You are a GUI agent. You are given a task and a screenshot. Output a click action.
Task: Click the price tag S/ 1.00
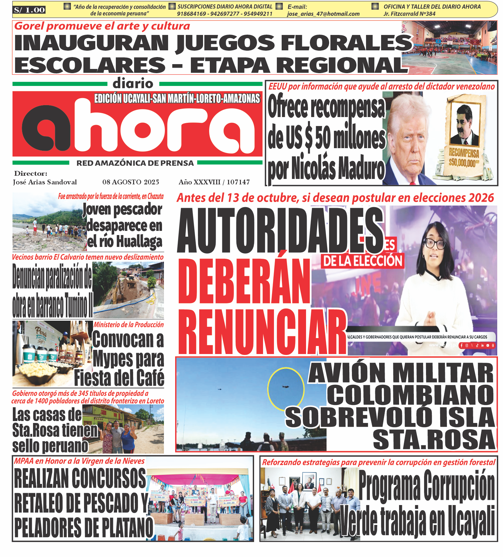coord(29,10)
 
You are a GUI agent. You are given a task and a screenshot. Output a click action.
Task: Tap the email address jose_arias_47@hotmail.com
coord(323,14)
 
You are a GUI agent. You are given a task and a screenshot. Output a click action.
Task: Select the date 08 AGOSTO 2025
coord(131,182)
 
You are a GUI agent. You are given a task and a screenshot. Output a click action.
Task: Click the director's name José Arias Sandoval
coord(45,182)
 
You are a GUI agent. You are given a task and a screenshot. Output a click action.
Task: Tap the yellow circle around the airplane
coord(286,389)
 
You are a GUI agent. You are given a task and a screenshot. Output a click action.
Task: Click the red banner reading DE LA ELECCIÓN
coord(362,261)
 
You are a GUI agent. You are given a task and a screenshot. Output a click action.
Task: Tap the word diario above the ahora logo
coord(133,84)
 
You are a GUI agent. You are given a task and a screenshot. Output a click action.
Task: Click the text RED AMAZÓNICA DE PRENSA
coord(135,163)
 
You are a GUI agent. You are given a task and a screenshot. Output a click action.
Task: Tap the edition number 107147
coord(238,182)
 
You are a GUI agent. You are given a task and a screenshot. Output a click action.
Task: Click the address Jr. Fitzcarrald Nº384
coord(409,14)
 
